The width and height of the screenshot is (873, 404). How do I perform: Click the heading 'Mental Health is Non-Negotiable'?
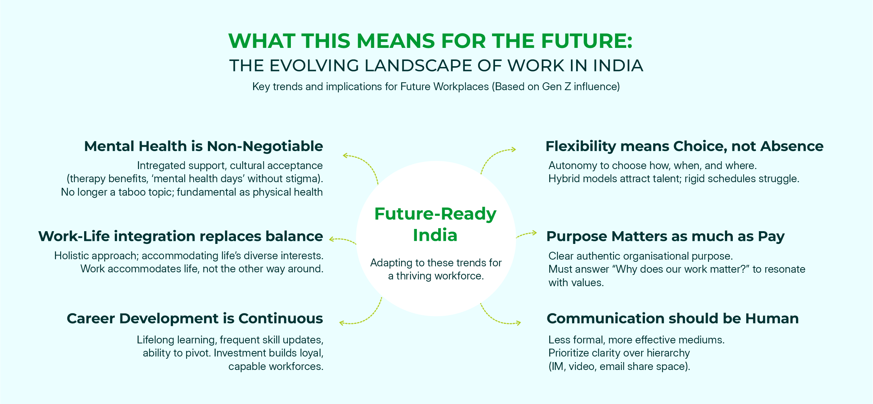coord(203,146)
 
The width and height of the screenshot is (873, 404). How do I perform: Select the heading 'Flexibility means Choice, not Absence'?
coord(684,146)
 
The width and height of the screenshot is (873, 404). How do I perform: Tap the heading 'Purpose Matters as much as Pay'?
coord(665,237)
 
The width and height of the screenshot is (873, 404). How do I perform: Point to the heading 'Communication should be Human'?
coord(673,318)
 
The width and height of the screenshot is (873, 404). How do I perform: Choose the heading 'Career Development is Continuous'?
coord(195,319)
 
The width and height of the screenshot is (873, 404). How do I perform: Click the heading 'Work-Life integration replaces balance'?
coord(181,236)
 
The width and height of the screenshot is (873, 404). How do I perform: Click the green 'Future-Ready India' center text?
coord(435,224)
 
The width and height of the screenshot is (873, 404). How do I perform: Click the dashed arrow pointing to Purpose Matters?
coord(526,234)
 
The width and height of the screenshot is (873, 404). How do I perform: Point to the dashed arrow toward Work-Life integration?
coord(343,240)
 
